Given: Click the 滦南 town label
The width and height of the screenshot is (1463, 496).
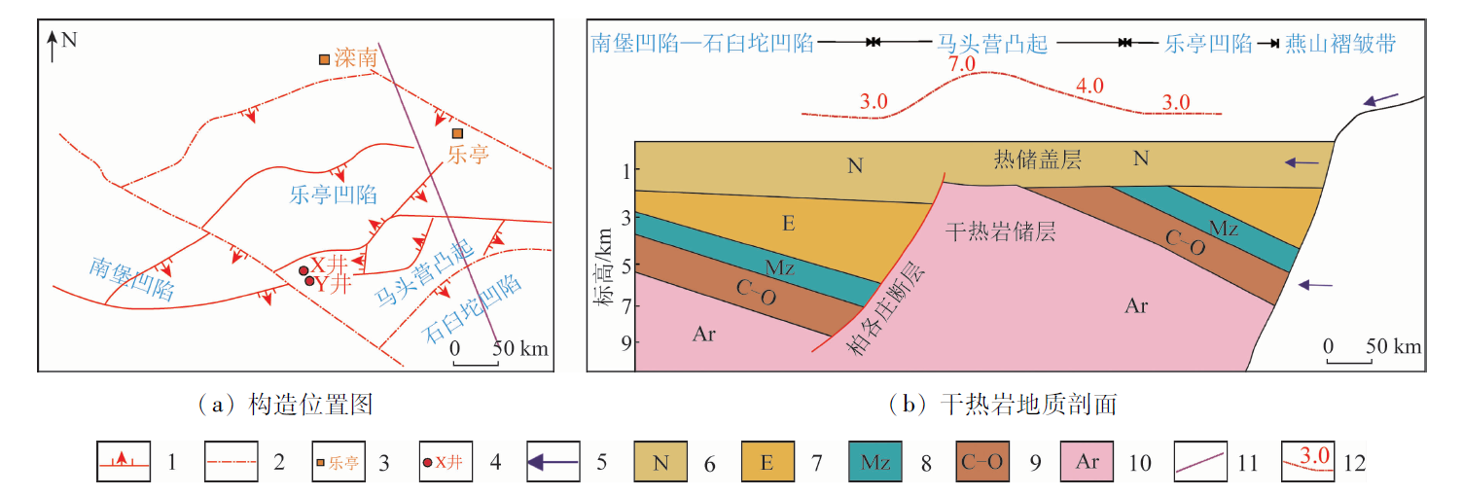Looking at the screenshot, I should point(354,58).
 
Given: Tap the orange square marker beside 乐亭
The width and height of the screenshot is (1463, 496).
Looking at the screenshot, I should point(457,133).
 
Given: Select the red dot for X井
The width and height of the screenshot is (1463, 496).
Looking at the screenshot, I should point(303,270).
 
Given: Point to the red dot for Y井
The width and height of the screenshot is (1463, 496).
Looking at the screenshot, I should point(310,282).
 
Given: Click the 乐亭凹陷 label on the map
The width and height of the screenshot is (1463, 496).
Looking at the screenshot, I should point(334,193).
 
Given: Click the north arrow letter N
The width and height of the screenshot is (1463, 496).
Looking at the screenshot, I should point(69,40).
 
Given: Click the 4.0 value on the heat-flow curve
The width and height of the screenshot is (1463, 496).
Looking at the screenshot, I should point(1088,86).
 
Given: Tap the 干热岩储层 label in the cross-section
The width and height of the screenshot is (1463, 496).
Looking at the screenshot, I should point(1001,231).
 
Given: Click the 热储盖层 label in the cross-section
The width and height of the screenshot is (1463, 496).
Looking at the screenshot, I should point(1037,159).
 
